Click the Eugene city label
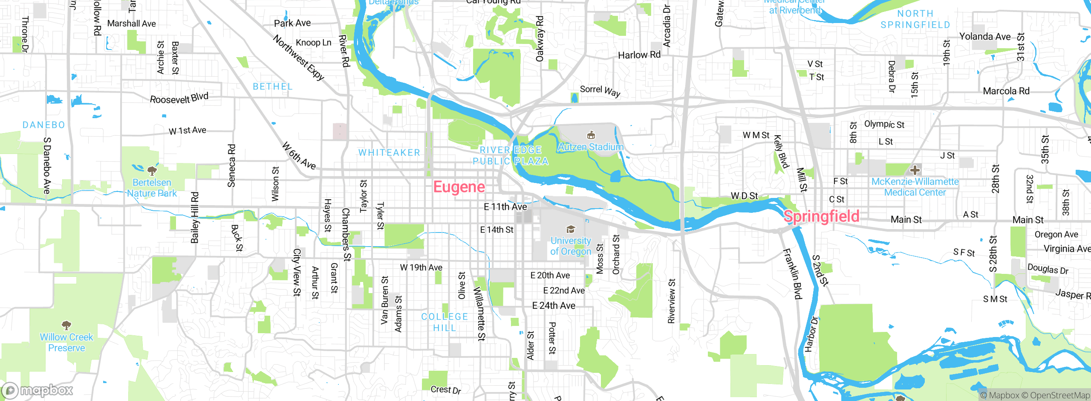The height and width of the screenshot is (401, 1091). pos(459,187)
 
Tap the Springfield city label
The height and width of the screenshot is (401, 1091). pos(821,216)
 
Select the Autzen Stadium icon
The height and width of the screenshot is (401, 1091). pos(591,136)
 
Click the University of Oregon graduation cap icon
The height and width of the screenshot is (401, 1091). pos(571,230)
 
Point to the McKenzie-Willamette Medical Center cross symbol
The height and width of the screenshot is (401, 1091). pos(915,170)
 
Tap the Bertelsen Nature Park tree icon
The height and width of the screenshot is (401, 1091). pos(152,171)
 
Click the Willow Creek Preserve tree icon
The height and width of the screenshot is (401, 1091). pos(66,326)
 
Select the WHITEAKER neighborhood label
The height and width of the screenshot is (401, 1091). pos(389,153)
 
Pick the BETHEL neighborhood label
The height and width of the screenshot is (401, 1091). pos(273,87)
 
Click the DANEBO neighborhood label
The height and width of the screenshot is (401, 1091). pos(44,125)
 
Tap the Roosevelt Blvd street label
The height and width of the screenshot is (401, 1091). pos(179,98)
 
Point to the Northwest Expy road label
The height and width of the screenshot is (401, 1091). pos(298,58)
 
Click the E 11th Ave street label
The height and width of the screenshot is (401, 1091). pos(505,207)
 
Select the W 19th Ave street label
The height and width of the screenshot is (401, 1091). pos(421,267)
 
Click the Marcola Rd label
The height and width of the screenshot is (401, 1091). pos(1006,91)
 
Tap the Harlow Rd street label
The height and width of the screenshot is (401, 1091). pos(639,55)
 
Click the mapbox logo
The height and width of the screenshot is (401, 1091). pos(38,390)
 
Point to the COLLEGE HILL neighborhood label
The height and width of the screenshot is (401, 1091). pos(444,322)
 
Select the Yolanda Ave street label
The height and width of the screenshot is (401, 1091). pos(984,37)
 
